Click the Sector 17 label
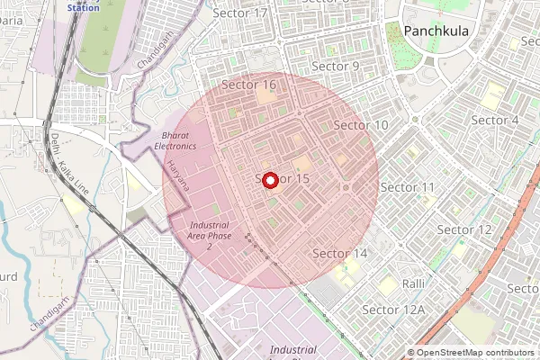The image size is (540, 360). pyautogui.click(x=242, y=13)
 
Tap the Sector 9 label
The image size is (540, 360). pyautogui.click(x=335, y=67)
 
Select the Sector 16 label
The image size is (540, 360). pyautogui.click(x=248, y=85)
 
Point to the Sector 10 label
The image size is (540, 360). pyautogui.click(x=361, y=125)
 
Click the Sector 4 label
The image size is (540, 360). pyautogui.click(x=495, y=120)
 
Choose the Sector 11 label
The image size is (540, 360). pyautogui.click(x=408, y=186)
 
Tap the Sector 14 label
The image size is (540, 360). pyautogui.click(x=339, y=254)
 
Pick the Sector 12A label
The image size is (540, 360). pyautogui.click(x=392, y=310)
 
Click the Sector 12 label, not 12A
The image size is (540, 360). pyautogui.click(x=464, y=229)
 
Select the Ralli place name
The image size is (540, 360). pyautogui.click(x=413, y=283)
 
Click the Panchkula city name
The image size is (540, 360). pyautogui.click(x=436, y=31)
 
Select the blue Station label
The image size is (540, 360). pyautogui.click(x=84, y=7)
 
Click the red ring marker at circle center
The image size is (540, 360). pyautogui.click(x=271, y=180)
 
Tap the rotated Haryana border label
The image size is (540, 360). pyautogui.click(x=179, y=175)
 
